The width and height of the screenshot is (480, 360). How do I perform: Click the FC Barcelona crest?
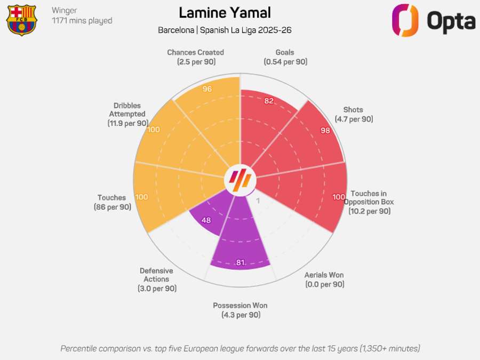(x=21, y=20)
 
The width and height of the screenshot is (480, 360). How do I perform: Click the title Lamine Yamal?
(x=225, y=13)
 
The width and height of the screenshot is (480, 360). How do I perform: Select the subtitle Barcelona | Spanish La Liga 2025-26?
(x=225, y=30)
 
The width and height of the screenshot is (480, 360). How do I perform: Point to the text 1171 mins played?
(x=82, y=21)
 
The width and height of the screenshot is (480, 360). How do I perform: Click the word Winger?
(x=65, y=10)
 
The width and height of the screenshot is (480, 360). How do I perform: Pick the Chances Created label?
(x=195, y=57)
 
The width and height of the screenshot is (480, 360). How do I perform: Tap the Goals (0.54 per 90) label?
(x=285, y=57)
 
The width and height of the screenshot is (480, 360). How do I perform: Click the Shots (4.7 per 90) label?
(x=354, y=115)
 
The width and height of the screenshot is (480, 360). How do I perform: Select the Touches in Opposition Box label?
(x=369, y=202)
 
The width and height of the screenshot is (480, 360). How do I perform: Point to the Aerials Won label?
(x=324, y=279)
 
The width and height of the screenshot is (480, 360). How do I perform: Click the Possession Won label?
(x=240, y=310)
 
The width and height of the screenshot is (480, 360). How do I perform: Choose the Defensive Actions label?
(x=156, y=279)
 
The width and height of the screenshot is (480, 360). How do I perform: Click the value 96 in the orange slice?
(x=207, y=89)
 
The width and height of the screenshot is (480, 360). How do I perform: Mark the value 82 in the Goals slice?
(x=269, y=101)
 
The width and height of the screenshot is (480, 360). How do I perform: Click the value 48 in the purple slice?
(x=206, y=220)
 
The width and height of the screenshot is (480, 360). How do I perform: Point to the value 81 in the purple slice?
(x=240, y=262)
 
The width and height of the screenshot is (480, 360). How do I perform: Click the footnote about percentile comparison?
(x=240, y=348)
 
